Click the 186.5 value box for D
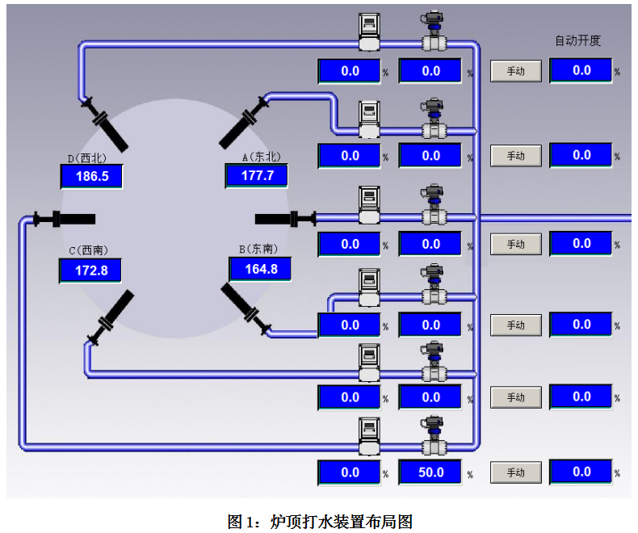click(x=92, y=176)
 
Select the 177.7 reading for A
click(x=257, y=176)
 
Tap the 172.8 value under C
click(x=90, y=271)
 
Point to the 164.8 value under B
click(x=260, y=269)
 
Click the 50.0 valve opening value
click(x=430, y=472)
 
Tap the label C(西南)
click(x=88, y=250)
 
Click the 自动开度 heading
click(x=577, y=40)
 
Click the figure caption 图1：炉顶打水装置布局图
click(x=320, y=521)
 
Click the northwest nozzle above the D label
click(x=105, y=124)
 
